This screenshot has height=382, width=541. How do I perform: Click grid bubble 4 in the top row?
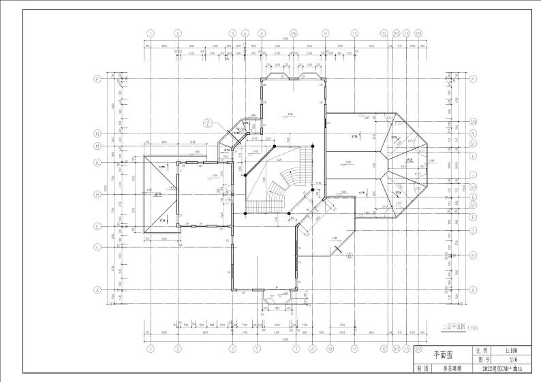(x=245, y=33)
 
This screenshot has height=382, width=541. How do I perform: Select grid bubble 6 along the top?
(x=262, y=33)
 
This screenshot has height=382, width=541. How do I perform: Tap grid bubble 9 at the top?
(x=325, y=33)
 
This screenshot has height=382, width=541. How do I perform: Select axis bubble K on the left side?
(x=97, y=162)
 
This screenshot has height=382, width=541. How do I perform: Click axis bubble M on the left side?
(x=97, y=146)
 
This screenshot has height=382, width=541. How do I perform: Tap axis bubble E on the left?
(x=97, y=227)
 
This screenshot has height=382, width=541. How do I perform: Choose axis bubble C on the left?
(x=97, y=246)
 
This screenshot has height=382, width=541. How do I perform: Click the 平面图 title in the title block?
(x=442, y=355)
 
